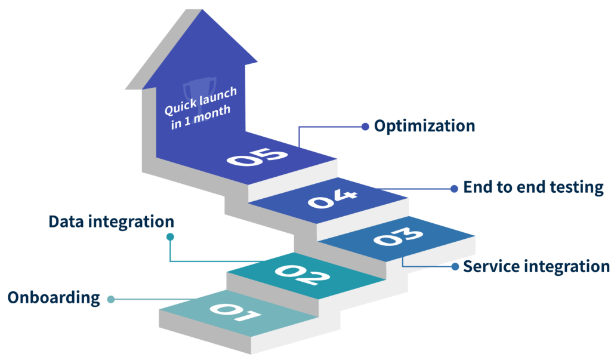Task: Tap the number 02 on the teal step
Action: tap(302, 275)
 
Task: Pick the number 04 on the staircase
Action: tap(333, 198)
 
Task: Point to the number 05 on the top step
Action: tap(258, 158)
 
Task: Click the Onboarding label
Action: tap(54, 298)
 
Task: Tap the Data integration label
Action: tap(111, 222)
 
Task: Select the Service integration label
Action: tap(536, 266)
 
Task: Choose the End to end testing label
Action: tap(533, 187)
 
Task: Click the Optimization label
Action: tap(424, 126)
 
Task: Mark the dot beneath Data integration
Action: tap(170, 237)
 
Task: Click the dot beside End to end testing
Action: tap(455, 188)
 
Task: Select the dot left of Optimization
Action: tap(365, 126)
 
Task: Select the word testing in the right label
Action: tap(576, 187)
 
